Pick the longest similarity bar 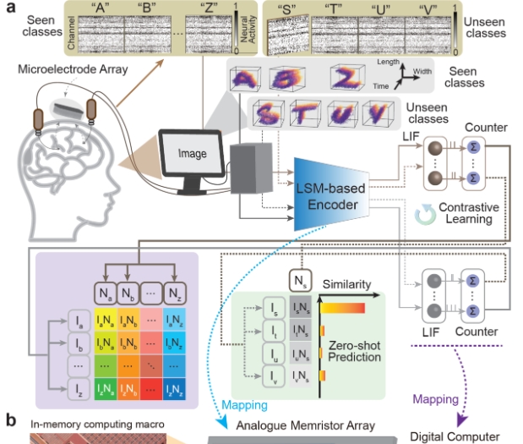click(x=342, y=308)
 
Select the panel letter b click(x=11, y=420)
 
